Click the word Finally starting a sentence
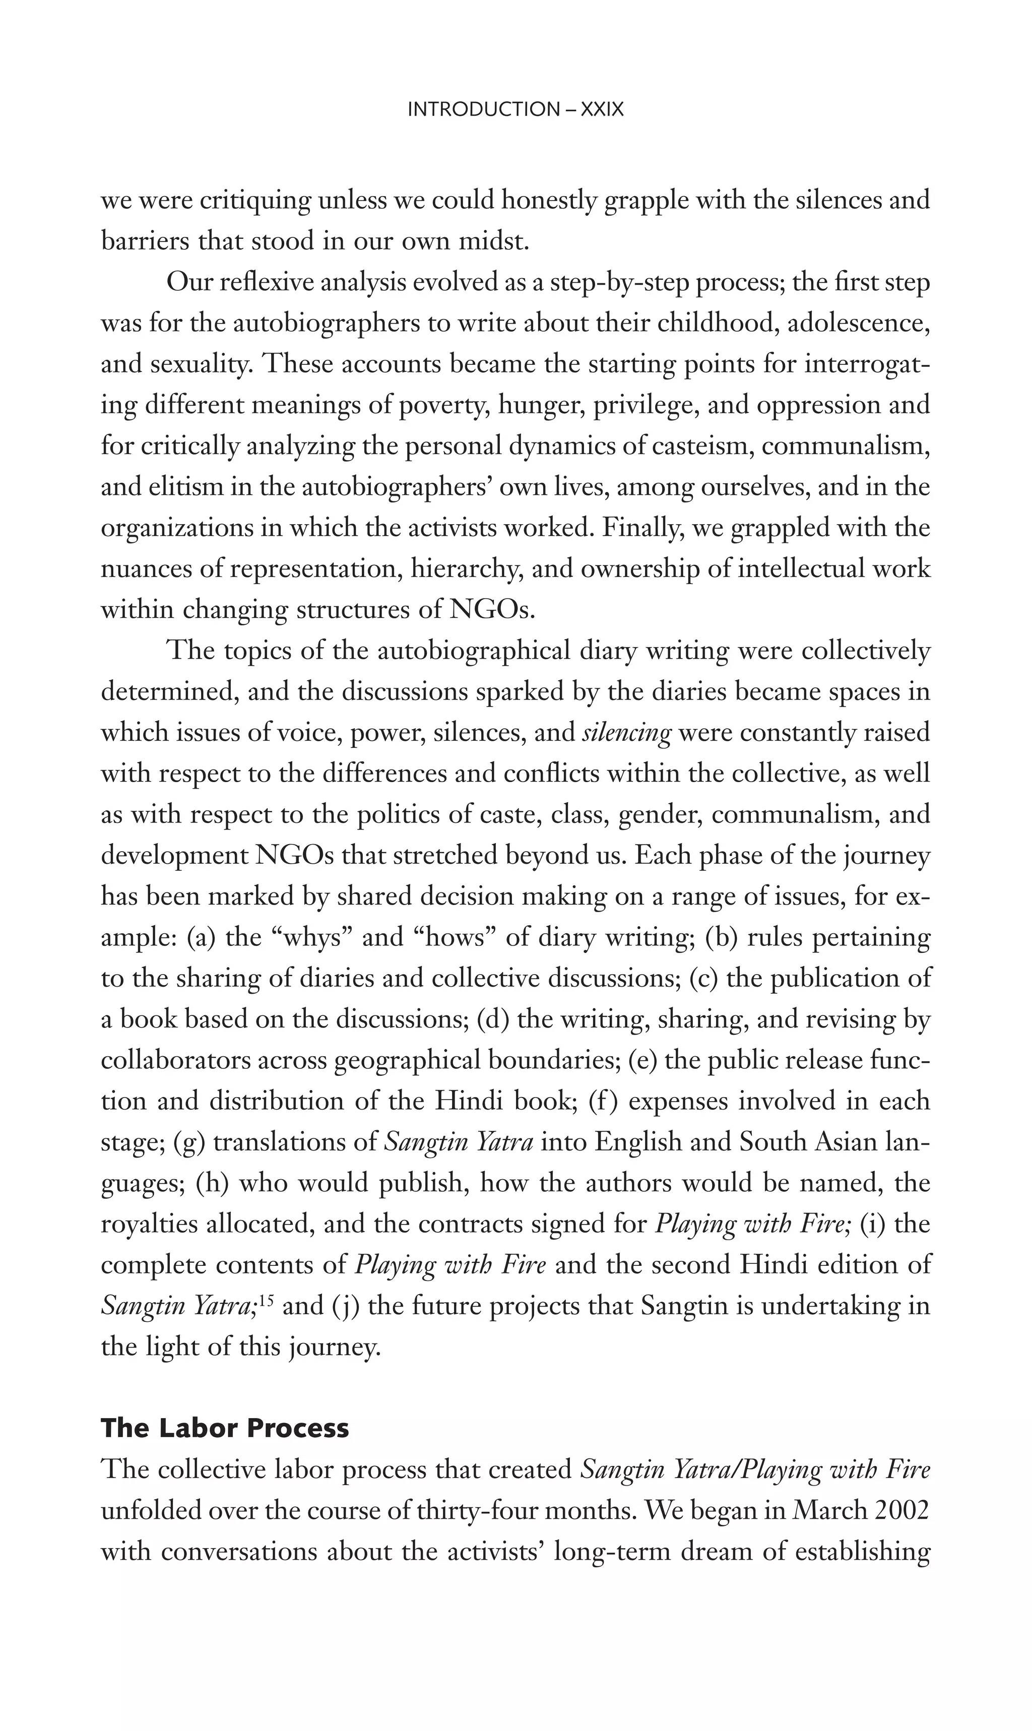[643, 528]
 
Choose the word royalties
[150, 1224]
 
